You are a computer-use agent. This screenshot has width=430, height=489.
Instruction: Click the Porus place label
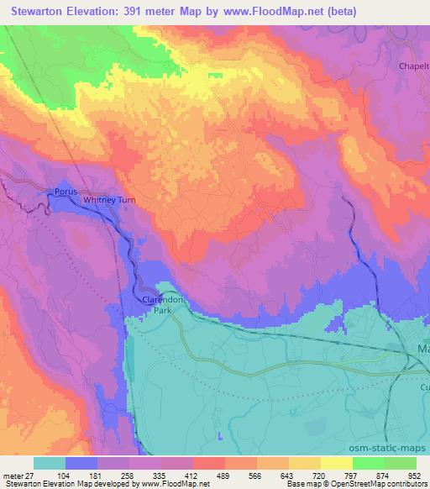(x=66, y=192)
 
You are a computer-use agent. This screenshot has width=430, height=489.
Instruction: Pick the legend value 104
(x=66, y=475)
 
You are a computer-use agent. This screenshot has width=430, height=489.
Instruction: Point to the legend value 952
(x=415, y=475)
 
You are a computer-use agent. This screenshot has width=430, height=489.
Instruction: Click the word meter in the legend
(x=11, y=475)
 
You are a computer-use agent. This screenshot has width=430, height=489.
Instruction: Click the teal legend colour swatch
(x=50, y=463)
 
